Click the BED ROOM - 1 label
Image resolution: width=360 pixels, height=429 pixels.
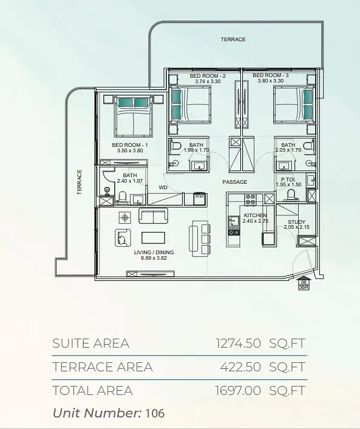(x=130, y=145)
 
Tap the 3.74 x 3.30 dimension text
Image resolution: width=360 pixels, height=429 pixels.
(x=208, y=81)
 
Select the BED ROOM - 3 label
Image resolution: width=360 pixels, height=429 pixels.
(x=271, y=75)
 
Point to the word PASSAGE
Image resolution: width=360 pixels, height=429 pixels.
(x=234, y=182)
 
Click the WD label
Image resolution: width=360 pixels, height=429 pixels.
(x=163, y=187)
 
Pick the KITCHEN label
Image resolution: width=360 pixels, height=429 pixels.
(x=255, y=215)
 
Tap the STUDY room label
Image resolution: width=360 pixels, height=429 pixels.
(x=296, y=222)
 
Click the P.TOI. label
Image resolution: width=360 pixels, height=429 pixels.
(x=288, y=180)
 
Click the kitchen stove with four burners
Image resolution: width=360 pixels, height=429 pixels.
(x=250, y=200)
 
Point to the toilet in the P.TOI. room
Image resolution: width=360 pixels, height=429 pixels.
(x=290, y=195)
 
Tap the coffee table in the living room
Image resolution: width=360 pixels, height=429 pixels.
(x=154, y=238)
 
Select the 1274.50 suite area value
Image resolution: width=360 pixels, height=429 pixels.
(x=238, y=343)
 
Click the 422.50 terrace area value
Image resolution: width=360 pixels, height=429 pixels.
(x=240, y=367)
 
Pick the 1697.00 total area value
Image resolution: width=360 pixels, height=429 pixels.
(x=238, y=390)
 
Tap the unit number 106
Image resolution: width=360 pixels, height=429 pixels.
(x=155, y=413)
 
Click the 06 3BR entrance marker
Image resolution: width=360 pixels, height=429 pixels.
(x=304, y=285)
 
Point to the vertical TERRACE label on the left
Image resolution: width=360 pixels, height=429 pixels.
(x=80, y=182)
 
